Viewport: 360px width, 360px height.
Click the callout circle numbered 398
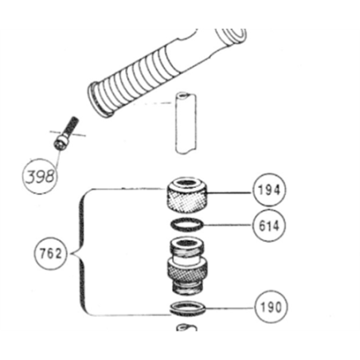41,176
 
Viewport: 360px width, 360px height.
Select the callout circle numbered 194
269,190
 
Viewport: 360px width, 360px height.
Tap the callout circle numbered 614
268,225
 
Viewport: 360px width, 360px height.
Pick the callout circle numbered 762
50,252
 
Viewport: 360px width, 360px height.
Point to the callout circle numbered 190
270,307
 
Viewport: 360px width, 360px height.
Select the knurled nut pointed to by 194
186,195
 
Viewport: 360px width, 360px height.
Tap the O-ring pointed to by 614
187,225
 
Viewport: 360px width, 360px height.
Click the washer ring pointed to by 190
188,308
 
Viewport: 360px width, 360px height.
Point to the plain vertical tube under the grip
186,123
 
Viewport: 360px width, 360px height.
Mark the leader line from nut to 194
229,193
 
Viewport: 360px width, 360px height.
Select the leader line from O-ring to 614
228,225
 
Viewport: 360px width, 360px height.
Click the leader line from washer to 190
230,308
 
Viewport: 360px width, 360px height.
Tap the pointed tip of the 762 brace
71,253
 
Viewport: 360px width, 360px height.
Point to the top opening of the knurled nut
187,183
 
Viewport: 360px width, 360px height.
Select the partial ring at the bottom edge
186,327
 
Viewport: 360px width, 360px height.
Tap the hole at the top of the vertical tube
184,94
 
